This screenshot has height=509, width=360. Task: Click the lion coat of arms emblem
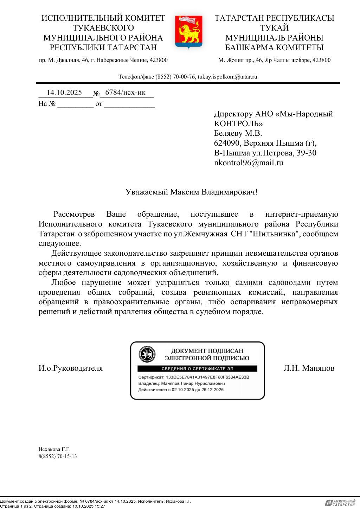point(188,32)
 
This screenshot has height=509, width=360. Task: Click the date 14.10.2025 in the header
point(64,93)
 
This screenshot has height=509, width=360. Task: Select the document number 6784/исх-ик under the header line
point(125,92)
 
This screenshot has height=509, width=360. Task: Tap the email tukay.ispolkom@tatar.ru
point(227,77)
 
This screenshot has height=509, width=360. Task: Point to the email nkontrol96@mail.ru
point(249,163)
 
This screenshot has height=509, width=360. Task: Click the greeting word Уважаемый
point(147,192)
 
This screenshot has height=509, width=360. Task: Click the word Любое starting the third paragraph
point(63,282)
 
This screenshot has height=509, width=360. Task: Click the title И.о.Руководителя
point(71,368)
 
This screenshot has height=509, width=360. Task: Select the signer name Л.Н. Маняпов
point(309,368)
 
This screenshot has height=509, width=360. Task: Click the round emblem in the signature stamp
point(147,354)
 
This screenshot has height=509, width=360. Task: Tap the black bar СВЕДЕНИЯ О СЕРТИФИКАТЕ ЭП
point(197,369)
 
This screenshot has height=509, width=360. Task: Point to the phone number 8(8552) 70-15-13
point(58,457)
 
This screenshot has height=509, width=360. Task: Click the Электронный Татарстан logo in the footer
point(340,503)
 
